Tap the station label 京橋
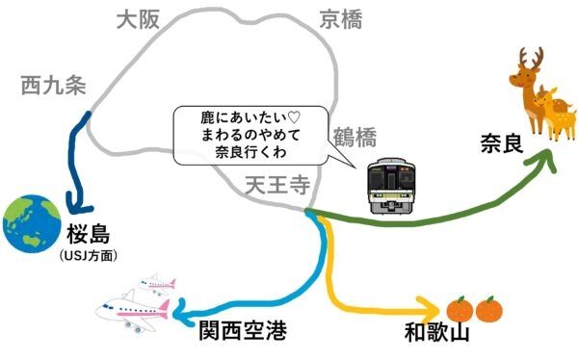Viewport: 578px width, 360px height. (x=342, y=19)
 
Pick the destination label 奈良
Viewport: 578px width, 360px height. (x=501, y=146)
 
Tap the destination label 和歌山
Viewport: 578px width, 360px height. (x=436, y=333)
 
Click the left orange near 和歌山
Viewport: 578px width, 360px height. (x=460, y=310)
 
